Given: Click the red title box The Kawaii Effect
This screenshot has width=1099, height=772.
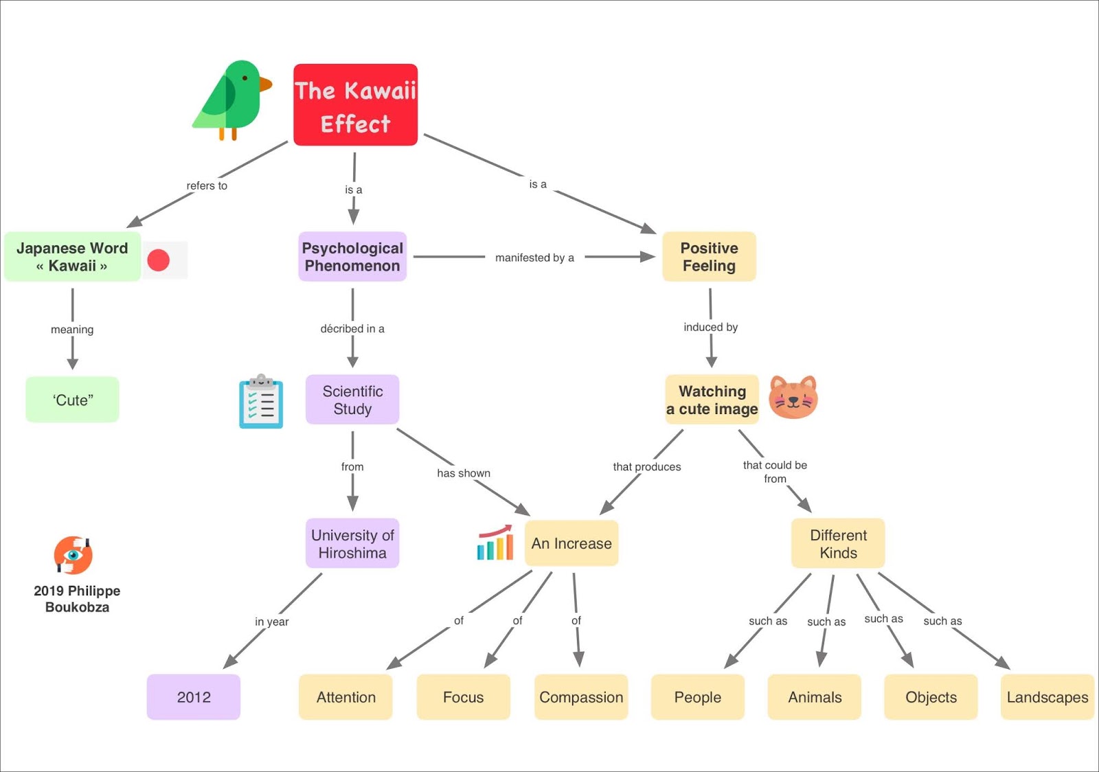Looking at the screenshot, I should tap(355, 105).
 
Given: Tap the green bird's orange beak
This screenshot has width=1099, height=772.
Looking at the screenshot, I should tap(265, 84).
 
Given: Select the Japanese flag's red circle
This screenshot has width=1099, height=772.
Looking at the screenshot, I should tap(159, 260).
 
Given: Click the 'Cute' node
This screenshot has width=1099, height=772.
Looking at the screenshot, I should tap(73, 400).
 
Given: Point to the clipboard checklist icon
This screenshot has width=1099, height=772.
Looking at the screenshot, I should tap(261, 402).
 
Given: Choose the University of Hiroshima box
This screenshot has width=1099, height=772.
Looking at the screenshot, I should tap(352, 543).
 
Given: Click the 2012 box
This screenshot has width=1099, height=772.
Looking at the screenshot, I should tap(194, 697).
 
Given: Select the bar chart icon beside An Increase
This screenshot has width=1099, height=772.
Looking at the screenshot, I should tap(495, 543).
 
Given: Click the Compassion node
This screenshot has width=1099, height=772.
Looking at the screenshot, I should tap(581, 697).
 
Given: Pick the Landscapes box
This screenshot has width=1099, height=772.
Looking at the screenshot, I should tap(1047, 697).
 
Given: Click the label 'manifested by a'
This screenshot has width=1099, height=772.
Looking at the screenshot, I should tap(534, 258).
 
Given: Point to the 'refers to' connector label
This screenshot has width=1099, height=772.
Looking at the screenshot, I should tap(207, 185).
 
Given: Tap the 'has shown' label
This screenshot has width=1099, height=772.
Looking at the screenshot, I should tap(464, 473).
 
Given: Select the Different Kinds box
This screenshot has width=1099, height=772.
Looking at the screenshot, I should tap(838, 543).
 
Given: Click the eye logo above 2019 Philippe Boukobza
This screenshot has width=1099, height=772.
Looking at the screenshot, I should tap(73, 555).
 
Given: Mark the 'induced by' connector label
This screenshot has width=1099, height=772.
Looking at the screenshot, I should tap(710, 327).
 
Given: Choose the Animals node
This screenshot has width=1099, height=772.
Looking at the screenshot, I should tap(815, 697).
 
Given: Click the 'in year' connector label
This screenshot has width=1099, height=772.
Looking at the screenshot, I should tap(272, 622).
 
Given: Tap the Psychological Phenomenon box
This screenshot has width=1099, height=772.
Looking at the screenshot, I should tap(352, 257).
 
